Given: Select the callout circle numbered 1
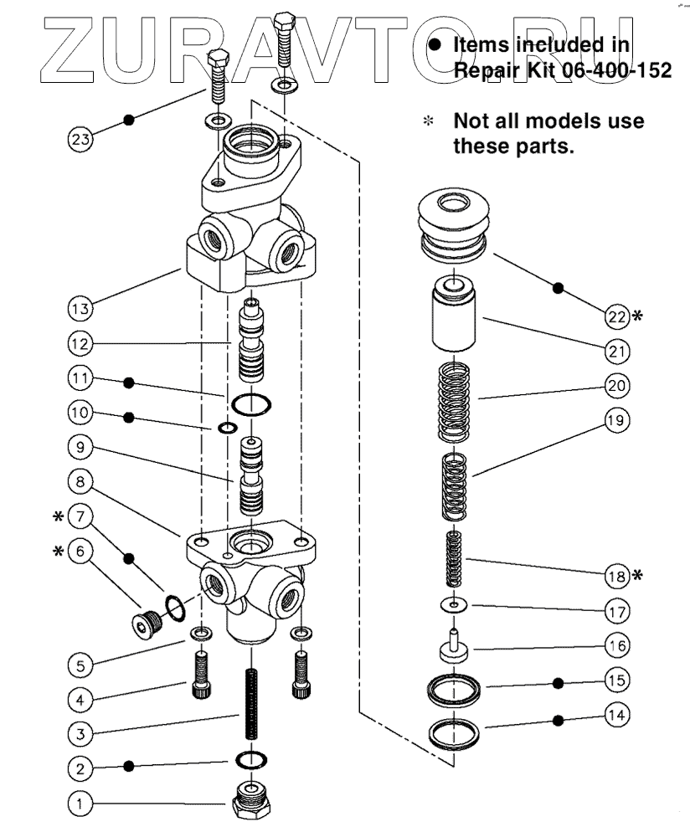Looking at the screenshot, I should (x=80, y=805).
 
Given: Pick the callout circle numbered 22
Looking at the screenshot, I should (x=617, y=316).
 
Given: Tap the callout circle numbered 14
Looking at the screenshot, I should (x=617, y=716).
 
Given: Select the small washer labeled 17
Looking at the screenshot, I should (x=452, y=603).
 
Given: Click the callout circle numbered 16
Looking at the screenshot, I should (x=617, y=646).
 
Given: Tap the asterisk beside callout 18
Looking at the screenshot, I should (x=639, y=575).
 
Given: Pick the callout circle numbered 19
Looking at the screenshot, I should (x=617, y=421).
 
